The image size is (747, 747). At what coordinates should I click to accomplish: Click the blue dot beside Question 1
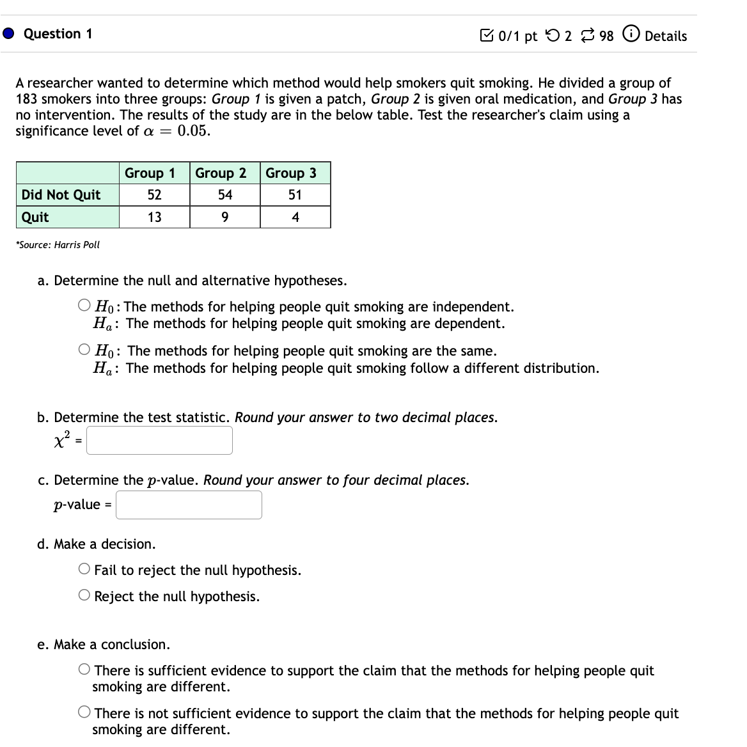click(x=9, y=34)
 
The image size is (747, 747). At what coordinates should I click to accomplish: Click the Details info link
click(x=657, y=36)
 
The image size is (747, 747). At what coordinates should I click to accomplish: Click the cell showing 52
click(x=154, y=195)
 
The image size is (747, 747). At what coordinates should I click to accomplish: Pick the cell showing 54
click(x=224, y=195)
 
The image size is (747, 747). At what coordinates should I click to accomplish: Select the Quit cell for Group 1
click(x=154, y=217)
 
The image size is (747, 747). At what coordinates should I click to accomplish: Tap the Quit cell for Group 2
click(x=224, y=217)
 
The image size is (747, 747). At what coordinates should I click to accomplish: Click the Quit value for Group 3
click(x=295, y=217)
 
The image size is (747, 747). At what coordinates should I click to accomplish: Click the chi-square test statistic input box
click(x=159, y=441)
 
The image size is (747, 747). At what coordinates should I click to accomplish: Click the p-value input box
click(x=189, y=505)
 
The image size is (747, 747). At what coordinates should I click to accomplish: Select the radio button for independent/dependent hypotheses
click(x=85, y=306)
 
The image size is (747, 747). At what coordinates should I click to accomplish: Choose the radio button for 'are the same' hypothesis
click(x=85, y=350)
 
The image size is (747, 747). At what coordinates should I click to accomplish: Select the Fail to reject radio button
click(x=85, y=569)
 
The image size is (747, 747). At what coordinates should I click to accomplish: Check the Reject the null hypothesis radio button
click(x=85, y=595)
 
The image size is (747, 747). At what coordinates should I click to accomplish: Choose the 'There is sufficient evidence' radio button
click(x=85, y=670)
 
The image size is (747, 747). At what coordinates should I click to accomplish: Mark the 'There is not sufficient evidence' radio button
click(x=85, y=712)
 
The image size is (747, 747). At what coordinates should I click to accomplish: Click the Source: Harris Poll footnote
click(x=58, y=245)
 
